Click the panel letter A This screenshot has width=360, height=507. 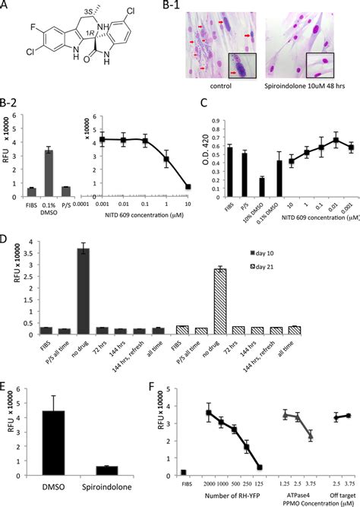point(6,5)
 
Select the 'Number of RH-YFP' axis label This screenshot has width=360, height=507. point(232,499)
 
